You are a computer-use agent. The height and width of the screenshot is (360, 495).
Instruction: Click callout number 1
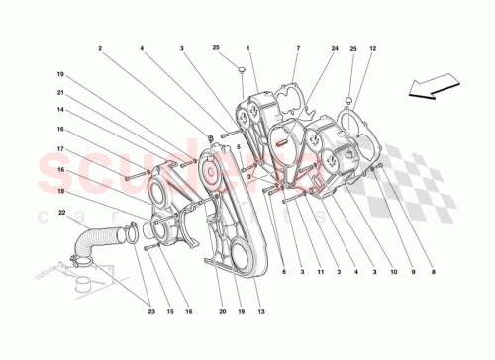coord(248,48)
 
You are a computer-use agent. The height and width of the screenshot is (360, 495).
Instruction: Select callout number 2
coord(100,48)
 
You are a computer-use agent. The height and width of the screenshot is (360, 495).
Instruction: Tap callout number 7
coord(297,48)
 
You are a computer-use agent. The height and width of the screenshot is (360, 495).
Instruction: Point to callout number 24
coord(335,48)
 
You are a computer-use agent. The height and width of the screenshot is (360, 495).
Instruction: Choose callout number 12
coord(373,48)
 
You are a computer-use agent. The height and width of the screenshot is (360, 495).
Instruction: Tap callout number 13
coord(260,312)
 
